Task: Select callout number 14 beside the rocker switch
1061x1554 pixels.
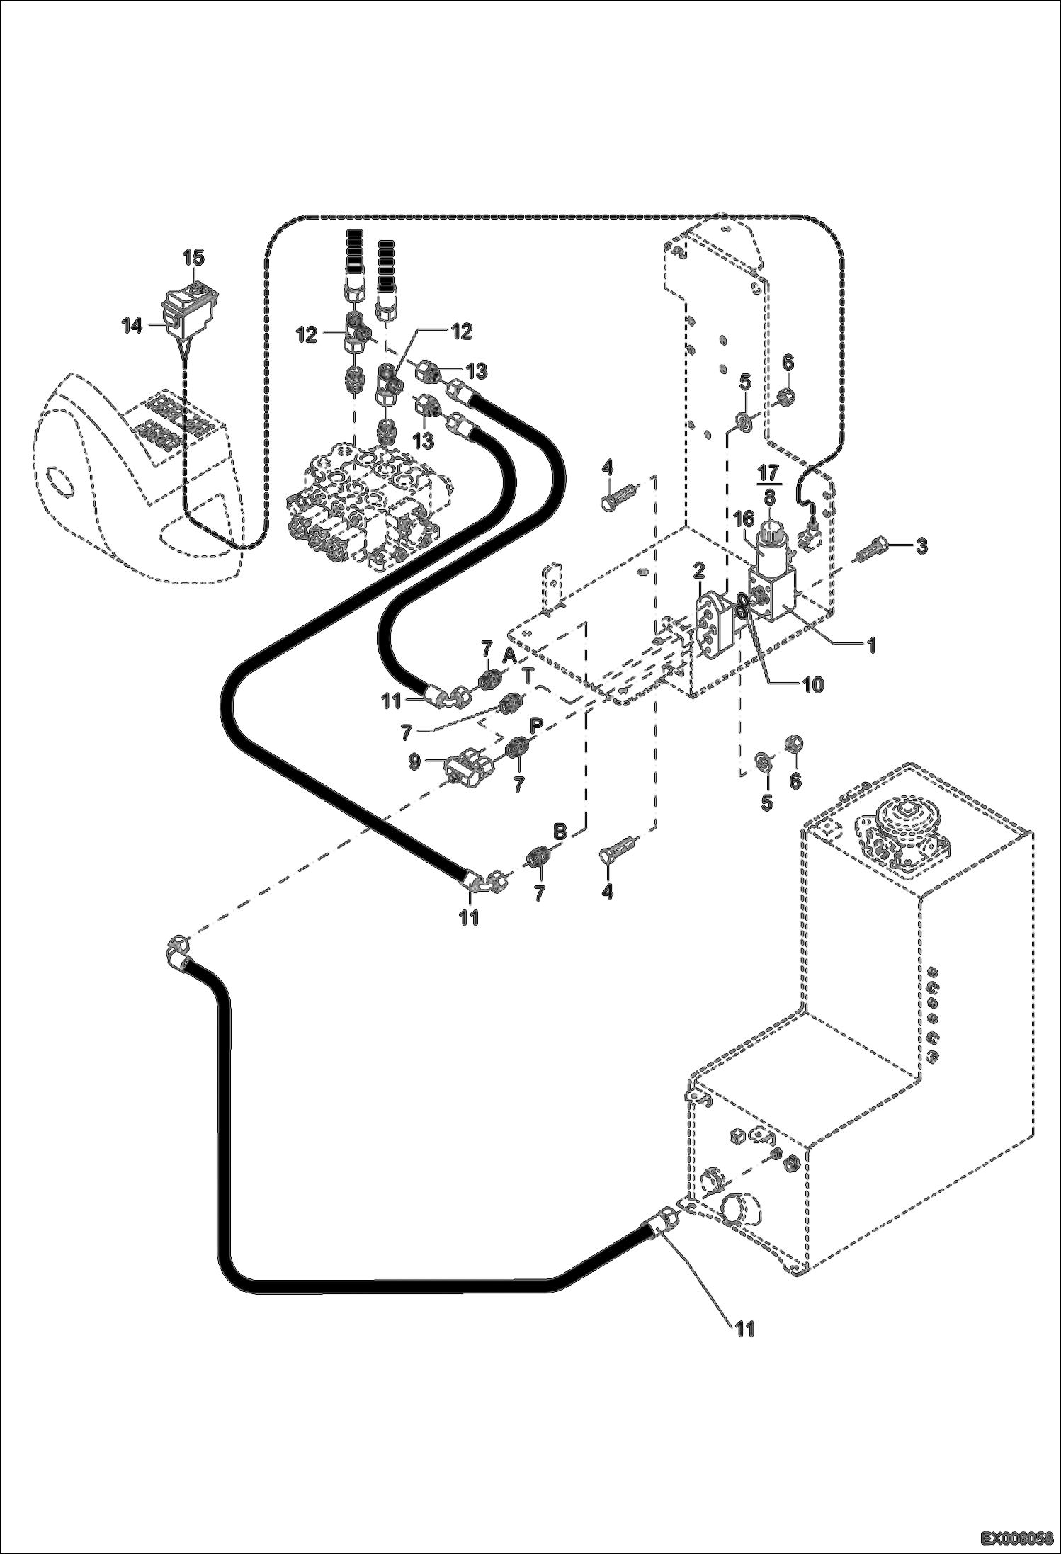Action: tap(131, 326)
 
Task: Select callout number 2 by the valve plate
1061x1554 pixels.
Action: tap(699, 571)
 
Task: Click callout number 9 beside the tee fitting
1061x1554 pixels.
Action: tap(415, 761)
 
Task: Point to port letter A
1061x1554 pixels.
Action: tap(509, 656)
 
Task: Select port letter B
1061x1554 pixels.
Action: tap(560, 832)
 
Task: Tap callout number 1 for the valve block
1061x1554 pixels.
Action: tap(872, 645)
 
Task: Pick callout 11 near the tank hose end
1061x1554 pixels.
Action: tap(743, 1329)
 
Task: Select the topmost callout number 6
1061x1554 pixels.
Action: tap(788, 363)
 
